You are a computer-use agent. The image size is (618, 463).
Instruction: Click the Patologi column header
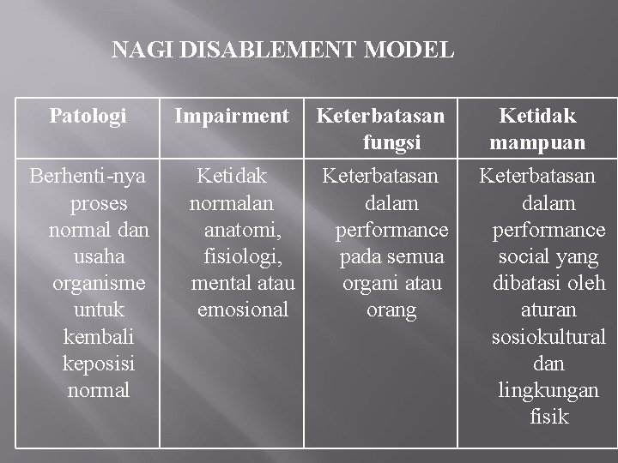pos(88,116)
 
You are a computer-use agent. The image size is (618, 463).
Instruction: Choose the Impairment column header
pos(232,116)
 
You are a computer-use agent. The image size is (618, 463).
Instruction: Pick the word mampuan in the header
pos(538,142)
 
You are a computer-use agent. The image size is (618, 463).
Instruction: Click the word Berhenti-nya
pos(88,177)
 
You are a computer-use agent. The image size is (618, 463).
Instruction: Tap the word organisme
pos(99,283)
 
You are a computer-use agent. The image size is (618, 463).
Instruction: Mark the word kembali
pos(99,337)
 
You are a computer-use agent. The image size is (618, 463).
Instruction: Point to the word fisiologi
pos(244,256)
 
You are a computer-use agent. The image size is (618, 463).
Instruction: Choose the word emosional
pos(243,310)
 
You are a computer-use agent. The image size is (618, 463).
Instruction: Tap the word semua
pos(415,256)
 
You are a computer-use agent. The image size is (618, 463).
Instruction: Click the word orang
pos(391,310)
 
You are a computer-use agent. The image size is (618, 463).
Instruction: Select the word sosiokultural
pos(548,337)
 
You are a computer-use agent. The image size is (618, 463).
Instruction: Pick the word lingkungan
pos(548,390)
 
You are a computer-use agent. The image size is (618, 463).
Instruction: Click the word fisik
pos(549,418)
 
